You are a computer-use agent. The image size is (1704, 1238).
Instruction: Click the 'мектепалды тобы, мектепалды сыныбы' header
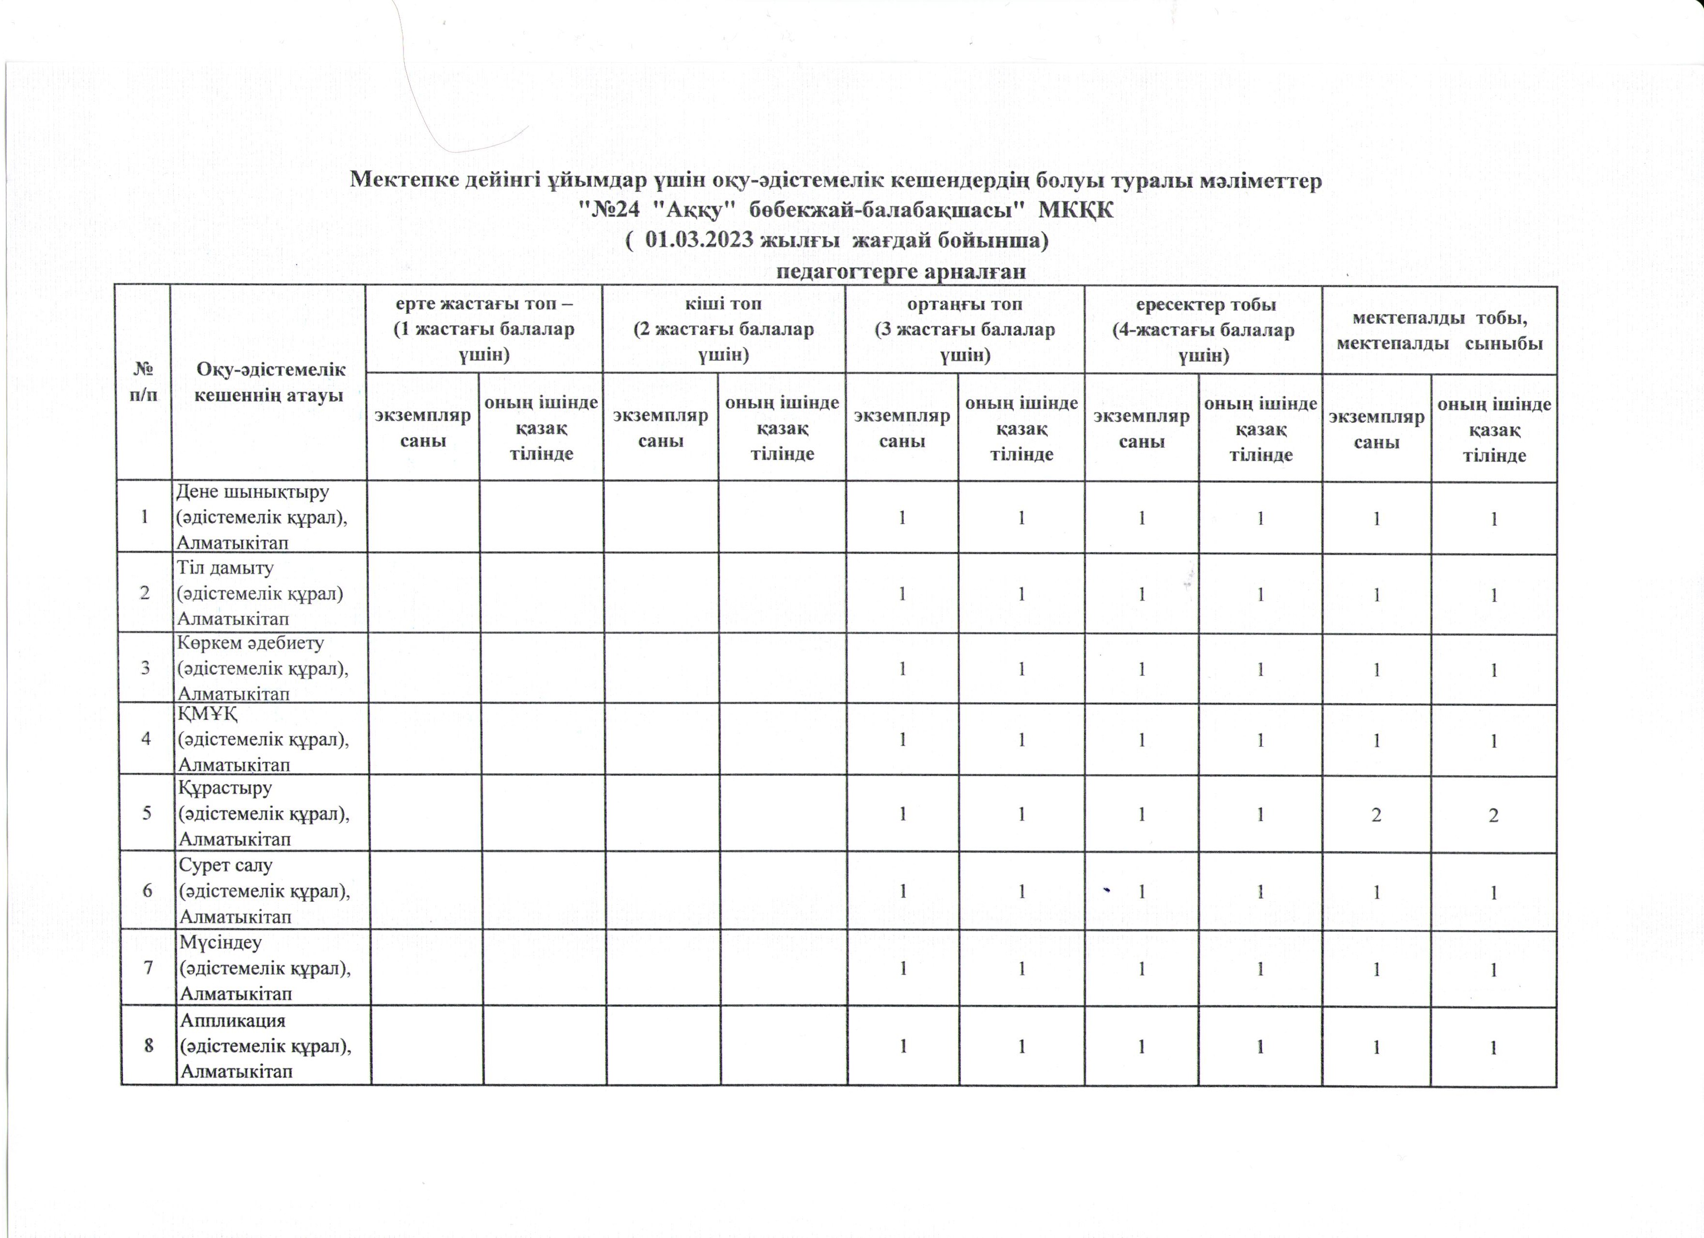pyautogui.click(x=1439, y=330)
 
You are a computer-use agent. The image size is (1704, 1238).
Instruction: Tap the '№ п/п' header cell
pyautogui.click(x=144, y=382)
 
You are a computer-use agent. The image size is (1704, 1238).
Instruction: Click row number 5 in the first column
pyautogui.click(x=147, y=814)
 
